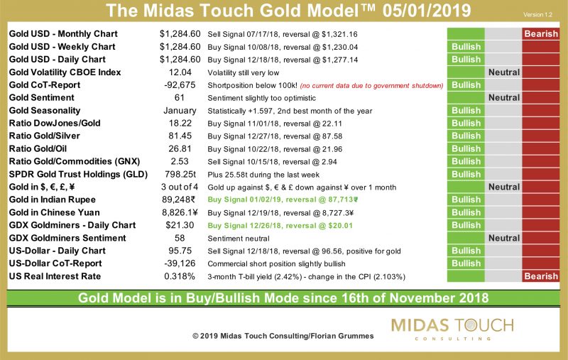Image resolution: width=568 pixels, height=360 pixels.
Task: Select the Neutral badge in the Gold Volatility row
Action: click(503, 72)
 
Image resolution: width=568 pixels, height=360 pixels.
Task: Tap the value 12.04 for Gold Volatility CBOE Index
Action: click(181, 72)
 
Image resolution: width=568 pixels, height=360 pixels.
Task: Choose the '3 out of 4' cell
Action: click(181, 187)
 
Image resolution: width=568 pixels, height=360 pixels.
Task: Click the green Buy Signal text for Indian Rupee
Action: click(292, 200)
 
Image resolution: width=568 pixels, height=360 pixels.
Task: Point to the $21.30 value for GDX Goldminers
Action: click(181, 225)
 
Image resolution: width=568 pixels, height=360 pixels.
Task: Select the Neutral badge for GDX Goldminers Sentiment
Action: click(503, 238)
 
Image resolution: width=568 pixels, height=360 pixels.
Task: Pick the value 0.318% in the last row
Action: click(181, 276)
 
